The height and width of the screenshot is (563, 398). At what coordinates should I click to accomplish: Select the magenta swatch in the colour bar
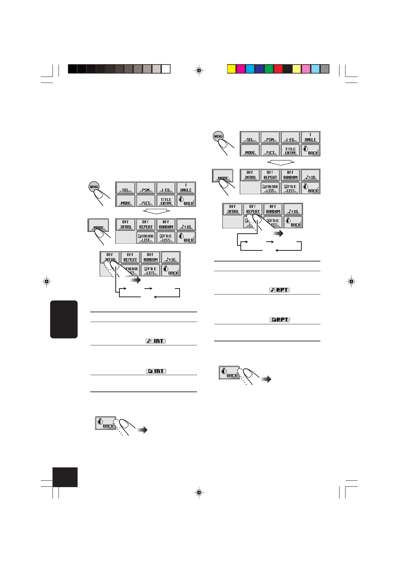pos(241,69)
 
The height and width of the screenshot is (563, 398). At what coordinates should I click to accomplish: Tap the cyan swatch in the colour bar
pos(250,69)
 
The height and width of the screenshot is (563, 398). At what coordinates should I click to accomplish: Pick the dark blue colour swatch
pos(260,69)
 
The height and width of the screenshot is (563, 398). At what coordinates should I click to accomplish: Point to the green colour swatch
pos(269,69)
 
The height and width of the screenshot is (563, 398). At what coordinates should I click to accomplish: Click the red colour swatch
pos(278,69)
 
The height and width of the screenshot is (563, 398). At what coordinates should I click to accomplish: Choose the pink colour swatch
pos(306,69)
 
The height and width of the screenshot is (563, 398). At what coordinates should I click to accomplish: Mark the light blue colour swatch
pos(315,69)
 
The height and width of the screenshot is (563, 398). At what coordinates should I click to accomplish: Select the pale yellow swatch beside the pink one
pos(297,69)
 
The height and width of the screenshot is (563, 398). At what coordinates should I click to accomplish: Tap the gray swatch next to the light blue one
pos(325,69)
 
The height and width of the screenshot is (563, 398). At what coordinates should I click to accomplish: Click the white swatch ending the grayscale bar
pos(166,69)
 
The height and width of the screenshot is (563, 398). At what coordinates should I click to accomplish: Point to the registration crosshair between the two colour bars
pos(199,70)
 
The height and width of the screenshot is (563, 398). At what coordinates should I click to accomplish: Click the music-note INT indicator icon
pos(156,341)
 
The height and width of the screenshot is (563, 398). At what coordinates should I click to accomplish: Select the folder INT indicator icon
pos(156,371)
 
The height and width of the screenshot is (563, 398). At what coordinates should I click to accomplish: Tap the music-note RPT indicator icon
pos(279,290)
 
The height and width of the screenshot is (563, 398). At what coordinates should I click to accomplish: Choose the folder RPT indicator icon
pos(280,320)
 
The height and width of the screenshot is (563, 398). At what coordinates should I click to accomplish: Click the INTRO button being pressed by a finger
pos(110,257)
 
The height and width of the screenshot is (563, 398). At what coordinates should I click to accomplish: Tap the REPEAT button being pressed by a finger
pos(253,209)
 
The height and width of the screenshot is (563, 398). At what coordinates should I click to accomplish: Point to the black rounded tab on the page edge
pos(64,319)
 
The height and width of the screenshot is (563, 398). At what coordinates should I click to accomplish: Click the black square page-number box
pos(65,477)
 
